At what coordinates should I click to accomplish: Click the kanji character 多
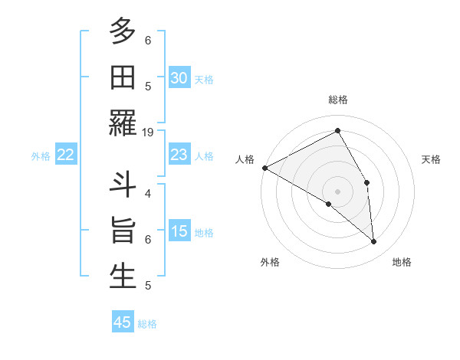coord(123,32)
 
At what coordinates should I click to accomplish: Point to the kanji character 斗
coord(123,186)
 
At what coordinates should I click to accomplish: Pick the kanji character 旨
coord(123,231)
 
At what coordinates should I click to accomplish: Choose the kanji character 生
coord(123,276)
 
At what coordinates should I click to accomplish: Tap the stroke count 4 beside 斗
coord(148,193)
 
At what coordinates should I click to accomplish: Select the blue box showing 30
coord(179,78)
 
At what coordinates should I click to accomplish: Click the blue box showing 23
coord(179,155)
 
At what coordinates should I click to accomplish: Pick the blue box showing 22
coord(66,155)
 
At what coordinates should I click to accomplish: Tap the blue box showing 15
coord(179,231)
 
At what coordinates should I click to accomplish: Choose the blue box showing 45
coord(123,322)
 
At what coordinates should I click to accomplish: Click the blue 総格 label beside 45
coord(147,324)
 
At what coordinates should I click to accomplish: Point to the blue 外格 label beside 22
coord(41,156)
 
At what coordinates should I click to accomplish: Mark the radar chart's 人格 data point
coord(264,168)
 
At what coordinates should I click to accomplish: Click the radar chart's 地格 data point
coord(373,242)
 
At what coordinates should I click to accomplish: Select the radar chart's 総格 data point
coord(337,131)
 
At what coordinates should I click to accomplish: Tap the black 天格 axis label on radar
coord(431,159)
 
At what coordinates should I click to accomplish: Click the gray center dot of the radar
coord(337,191)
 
